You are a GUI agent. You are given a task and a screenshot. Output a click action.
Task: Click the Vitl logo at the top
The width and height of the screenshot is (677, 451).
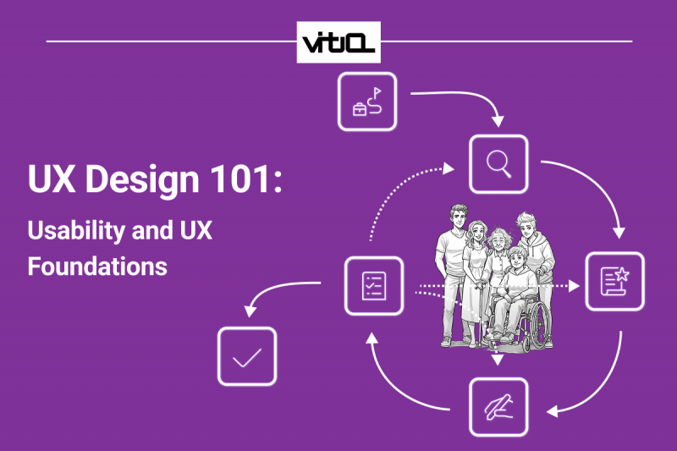point(338,41)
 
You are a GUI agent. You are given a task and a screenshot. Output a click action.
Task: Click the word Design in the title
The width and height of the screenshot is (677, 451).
point(141,181)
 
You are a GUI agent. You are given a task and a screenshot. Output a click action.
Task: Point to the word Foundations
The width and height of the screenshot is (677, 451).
point(97,266)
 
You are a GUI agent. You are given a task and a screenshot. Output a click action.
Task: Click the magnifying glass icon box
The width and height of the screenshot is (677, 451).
point(498,164)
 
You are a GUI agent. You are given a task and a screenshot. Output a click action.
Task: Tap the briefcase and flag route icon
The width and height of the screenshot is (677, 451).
point(367,102)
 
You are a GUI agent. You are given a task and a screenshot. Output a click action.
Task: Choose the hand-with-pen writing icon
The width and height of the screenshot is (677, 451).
point(498,407)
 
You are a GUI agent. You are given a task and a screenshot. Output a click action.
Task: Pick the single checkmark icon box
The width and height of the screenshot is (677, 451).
point(247,356)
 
